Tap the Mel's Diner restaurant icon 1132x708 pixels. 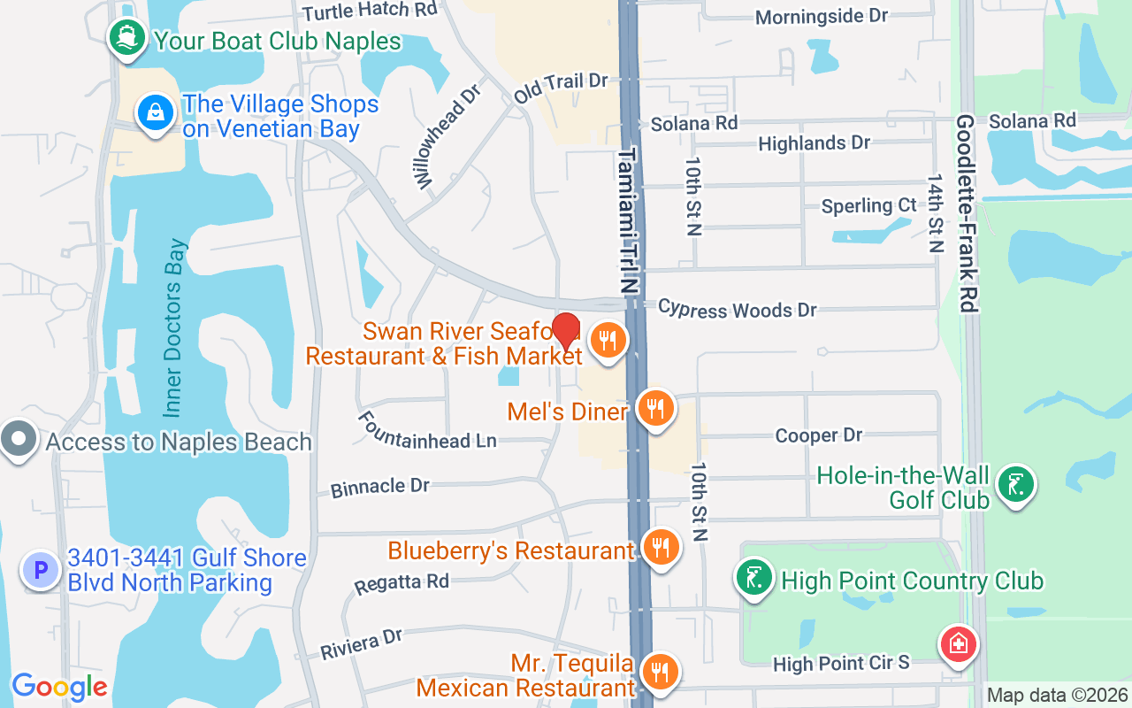tap(655, 409)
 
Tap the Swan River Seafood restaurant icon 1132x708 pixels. tap(608, 339)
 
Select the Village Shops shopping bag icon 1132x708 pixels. tap(156, 113)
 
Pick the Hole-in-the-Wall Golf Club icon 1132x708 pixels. tap(1016, 484)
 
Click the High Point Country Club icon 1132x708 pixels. tap(753, 579)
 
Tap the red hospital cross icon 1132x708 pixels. tap(958, 644)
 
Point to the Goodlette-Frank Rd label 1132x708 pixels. tap(966, 212)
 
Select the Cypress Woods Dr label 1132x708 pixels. tap(738, 309)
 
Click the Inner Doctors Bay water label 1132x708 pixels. tap(174, 327)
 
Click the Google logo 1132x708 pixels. tap(59, 687)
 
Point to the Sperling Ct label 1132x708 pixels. tap(868, 205)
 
